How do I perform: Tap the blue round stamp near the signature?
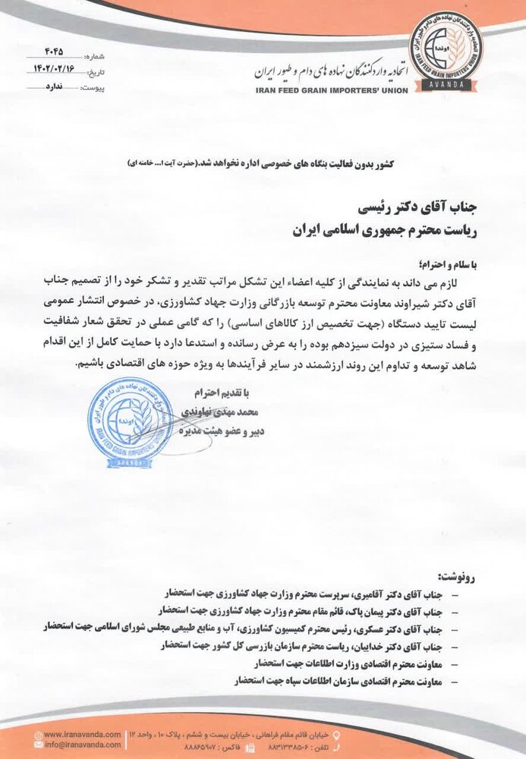pyautogui.click(x=132, y=419)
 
